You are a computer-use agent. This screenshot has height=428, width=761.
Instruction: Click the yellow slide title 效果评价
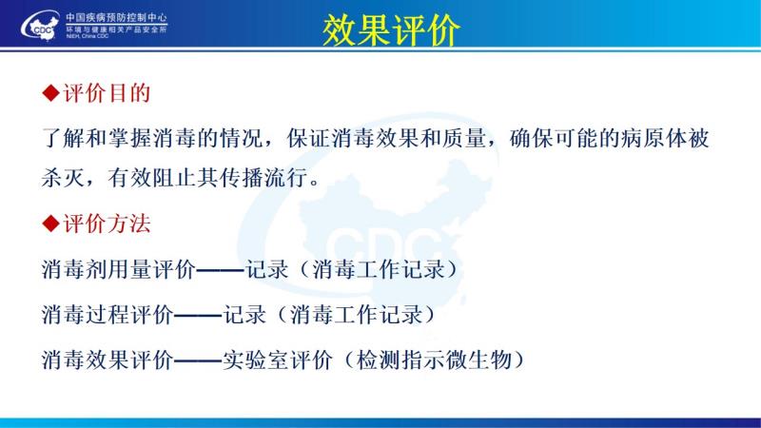(391, 30)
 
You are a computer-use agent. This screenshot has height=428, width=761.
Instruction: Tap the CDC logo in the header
(40, 26)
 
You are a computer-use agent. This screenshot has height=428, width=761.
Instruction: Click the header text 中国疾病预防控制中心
(116, 18)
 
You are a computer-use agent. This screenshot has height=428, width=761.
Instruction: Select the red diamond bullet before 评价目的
(50, 92)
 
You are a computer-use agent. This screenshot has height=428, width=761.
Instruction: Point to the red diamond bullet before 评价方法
(50, 224)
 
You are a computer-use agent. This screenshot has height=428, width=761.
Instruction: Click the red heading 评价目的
(107, 92)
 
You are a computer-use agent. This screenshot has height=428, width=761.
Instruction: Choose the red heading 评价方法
(107, 224)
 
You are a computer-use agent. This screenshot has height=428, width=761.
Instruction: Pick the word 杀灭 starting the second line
(63, 178)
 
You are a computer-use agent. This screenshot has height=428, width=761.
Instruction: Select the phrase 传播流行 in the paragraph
(263, 178)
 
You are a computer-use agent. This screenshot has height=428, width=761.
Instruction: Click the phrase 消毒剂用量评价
(118, 269)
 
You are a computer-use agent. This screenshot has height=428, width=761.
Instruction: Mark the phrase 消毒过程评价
(107, 315)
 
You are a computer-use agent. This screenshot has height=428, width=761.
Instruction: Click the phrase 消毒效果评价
(107, 360)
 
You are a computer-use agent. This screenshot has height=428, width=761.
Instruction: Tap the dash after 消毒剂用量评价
(220, 269)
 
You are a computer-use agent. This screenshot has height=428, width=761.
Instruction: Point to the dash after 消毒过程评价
(198, 315)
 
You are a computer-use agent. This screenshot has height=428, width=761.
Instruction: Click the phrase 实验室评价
(277, 360)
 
